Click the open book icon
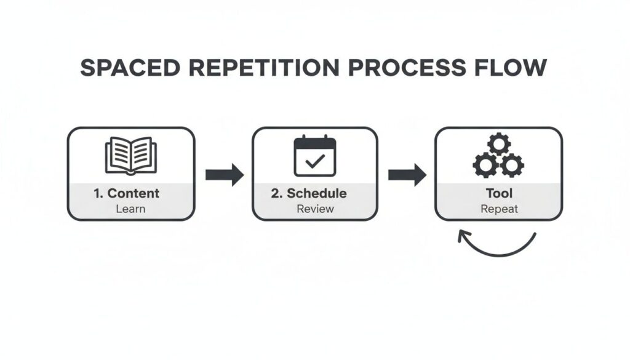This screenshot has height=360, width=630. coord(130,155)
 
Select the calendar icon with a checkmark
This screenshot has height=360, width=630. coord(315,156)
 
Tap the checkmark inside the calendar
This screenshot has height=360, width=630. coord(315,162)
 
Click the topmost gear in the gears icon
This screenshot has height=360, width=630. coord(499,144)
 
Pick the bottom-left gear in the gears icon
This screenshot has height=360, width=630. coord(485,164)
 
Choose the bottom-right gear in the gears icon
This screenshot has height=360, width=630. coord(511,164)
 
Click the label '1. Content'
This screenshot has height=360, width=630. coord(126,193)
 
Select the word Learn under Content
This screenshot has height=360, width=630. coord(130,209)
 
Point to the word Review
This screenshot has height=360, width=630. coord(315,209)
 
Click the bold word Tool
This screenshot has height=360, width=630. coord(498,193)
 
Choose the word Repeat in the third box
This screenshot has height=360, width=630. coord(499,209)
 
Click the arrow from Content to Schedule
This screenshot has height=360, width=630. coord(224,175)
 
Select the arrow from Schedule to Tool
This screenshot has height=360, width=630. coord(407,175)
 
